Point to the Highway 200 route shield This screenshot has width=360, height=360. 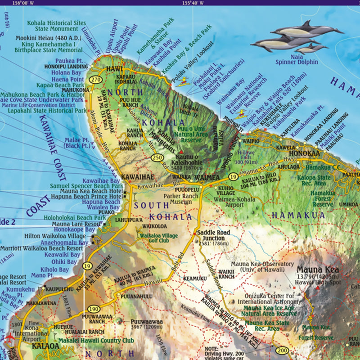coord(282,351)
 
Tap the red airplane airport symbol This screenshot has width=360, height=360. coord(10,337)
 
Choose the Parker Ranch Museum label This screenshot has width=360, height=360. coord(185,198)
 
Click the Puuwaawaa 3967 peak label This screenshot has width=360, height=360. coord(140,324)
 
